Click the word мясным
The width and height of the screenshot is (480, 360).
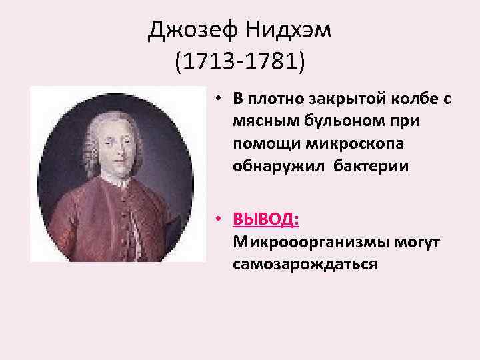[262, 121]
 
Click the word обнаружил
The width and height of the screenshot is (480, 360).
[271, 165]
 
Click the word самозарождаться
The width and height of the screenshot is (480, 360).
[305, 264]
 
